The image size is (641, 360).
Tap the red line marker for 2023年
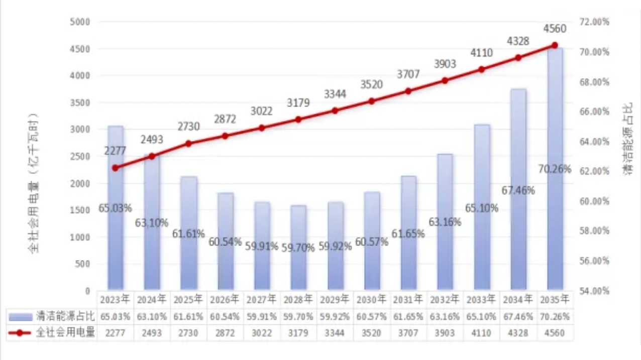116,168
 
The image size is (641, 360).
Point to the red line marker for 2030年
372,101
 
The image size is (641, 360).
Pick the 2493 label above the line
152,139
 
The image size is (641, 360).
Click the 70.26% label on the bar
555,169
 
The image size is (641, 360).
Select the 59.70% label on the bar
298,247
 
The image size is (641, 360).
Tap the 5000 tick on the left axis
79,22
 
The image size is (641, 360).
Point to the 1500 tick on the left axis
79,210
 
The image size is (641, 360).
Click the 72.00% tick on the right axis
595,22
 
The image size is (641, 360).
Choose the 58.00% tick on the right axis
595,231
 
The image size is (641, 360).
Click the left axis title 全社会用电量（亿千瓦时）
34,183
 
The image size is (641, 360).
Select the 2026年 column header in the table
225,300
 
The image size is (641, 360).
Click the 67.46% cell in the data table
518,317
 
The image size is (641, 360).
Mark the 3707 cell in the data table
408,332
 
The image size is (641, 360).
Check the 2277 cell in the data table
116,332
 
